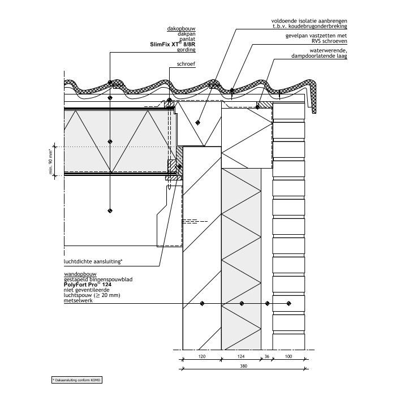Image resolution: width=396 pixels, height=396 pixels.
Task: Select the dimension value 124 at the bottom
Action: click(242, 357)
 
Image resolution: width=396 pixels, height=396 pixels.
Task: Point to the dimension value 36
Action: click(266, 357)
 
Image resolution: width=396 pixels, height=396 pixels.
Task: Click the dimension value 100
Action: click(289, 357)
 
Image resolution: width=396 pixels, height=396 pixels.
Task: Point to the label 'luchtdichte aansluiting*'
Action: click(93, 262)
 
